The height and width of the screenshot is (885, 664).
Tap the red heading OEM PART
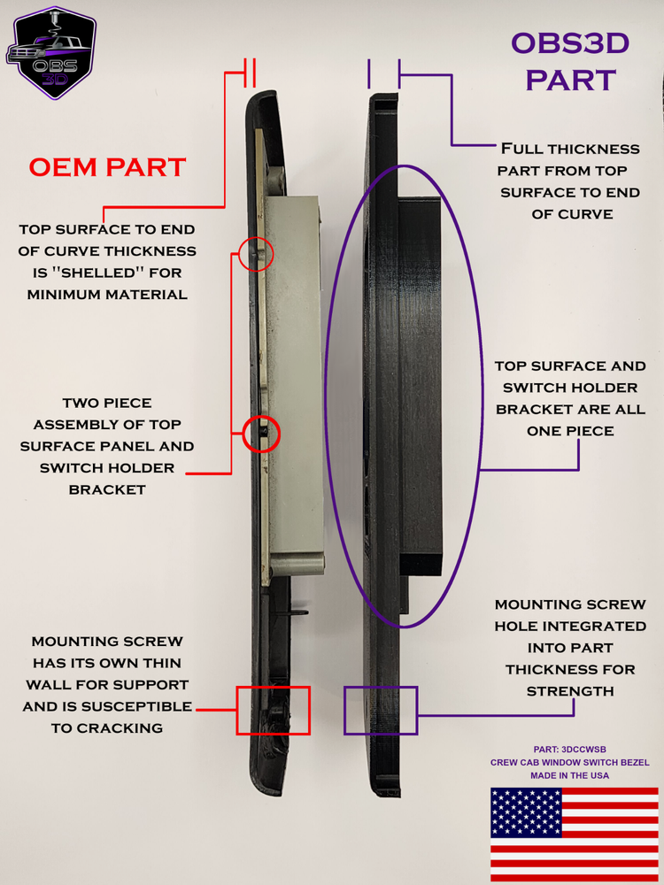point(107,166)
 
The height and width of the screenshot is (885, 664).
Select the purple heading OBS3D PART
point(570,61)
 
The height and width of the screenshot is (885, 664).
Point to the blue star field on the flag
point(526,812)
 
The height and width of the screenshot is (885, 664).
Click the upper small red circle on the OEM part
point(257,255)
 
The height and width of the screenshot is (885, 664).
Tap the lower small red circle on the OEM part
point(262,435)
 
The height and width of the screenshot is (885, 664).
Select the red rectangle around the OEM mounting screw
point(274,710)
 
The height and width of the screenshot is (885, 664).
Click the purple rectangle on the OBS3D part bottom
point(380,710)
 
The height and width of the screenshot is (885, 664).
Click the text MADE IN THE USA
point(570,775)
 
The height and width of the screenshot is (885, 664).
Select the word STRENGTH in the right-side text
point(570,690)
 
